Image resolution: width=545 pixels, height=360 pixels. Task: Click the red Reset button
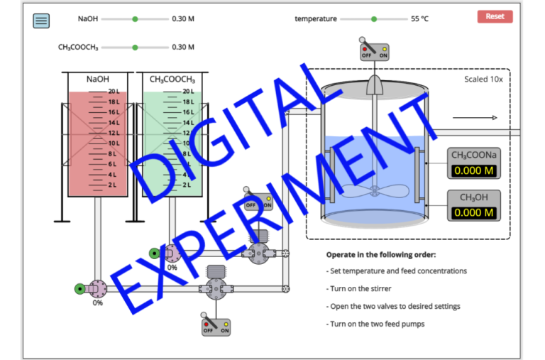[x=495, y=16]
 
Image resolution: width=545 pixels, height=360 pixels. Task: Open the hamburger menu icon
[x=42, y=21]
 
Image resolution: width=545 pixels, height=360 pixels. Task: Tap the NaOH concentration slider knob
[x=135, y=19]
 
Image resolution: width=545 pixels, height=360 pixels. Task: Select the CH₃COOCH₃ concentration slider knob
[x=135, y=48]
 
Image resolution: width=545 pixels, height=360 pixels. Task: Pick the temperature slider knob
[x=374, y=19]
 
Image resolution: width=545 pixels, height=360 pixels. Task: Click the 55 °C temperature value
[x=419, y=19]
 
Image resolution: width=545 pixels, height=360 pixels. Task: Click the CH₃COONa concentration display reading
[x=473, y=171]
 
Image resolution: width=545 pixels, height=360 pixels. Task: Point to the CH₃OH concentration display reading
[x=473, y=212]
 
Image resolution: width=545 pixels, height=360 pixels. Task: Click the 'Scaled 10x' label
[x=483, y=80]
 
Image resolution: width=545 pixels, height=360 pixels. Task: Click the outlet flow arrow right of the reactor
[x=475, y=118]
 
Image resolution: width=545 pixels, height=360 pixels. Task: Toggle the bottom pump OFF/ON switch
[x=216, y=325]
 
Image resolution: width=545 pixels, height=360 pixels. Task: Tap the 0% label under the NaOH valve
[x=97, y=303]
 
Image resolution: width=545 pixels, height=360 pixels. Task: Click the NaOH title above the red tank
[x=97, y=80]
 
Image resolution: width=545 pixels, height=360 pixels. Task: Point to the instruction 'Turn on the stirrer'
[x=360, y=289]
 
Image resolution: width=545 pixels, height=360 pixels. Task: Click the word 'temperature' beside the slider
[x=316, y=19]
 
